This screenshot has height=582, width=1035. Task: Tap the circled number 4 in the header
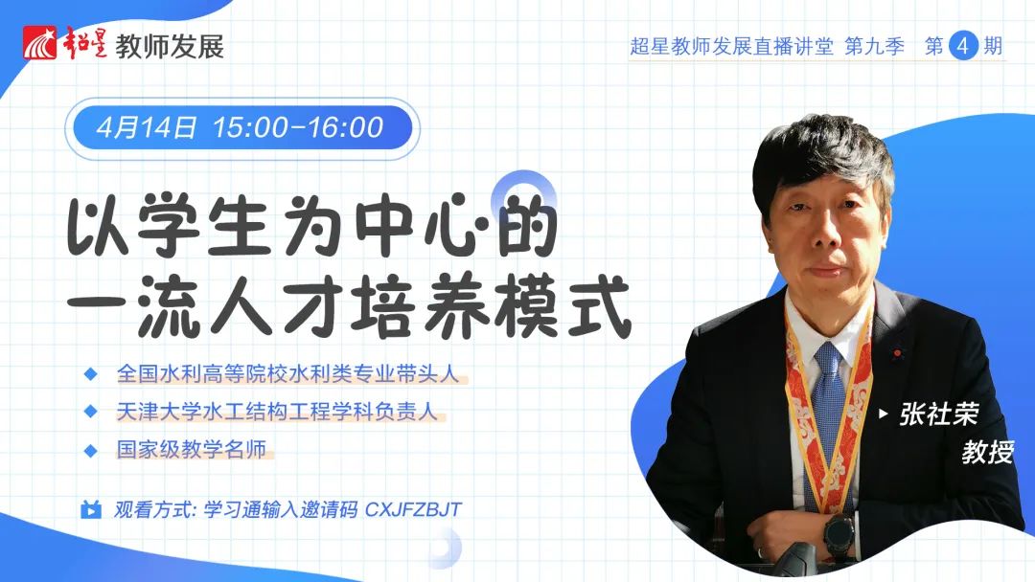963,46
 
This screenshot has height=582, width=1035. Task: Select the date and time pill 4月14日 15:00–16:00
241,128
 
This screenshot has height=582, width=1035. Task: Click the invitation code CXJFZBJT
413,509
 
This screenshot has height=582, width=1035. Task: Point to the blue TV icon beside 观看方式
90,509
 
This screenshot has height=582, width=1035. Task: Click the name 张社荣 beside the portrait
938,414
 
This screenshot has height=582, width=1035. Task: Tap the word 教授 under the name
987,452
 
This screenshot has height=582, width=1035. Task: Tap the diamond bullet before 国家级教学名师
90,451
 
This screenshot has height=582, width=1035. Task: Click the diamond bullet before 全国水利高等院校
90,374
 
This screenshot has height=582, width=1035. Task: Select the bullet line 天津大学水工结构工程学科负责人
277,412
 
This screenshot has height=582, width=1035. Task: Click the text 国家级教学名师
192,450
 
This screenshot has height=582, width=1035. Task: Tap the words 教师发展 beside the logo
170,46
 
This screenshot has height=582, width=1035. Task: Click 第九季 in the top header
874,46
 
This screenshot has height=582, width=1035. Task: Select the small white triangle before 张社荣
884,414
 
